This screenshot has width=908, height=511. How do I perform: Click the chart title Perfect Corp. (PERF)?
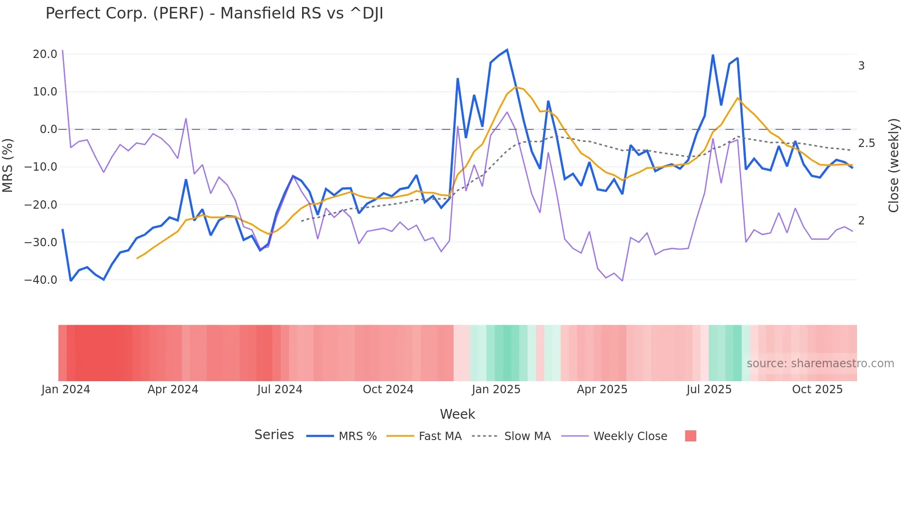(214, 13)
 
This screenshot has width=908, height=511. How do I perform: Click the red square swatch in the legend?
(690, 436)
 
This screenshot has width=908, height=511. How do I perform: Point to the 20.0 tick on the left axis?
(45, 54)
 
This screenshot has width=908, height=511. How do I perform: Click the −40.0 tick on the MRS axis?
(41, 280)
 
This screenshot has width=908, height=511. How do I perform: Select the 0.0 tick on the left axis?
(48, 129)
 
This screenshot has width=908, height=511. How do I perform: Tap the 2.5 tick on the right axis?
(866, 144)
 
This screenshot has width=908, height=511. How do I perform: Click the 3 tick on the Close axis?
(861, 66)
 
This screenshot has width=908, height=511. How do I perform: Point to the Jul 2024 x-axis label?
(280, 390)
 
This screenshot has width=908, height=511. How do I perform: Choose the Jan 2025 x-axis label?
(496, 390)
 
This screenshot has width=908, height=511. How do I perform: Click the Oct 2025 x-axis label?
(817, 390)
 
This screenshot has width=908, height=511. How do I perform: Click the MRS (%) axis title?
(8, 165)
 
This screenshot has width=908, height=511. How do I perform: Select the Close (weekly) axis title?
(894, 165)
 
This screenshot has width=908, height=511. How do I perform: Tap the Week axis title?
(457, 414)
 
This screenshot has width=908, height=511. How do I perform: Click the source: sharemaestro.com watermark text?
(820, 364)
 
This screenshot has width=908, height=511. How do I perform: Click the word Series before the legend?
(274, 435)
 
